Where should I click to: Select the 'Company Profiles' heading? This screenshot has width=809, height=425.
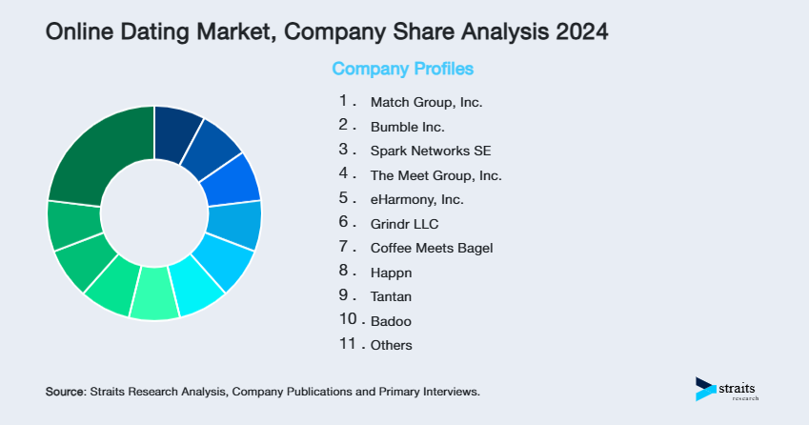[x=402, y=70]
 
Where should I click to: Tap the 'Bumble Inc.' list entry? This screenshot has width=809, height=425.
[x=408, y=126]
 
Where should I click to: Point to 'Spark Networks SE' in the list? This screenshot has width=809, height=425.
[x=431, y=151]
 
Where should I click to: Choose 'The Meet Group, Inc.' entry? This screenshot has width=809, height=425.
[x=435, y=175]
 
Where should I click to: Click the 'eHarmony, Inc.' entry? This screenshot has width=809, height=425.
[x=417, y=200]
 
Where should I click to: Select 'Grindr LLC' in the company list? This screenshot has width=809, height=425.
[x=405, y=224]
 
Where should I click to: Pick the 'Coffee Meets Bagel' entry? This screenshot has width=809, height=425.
[x=432, y=249]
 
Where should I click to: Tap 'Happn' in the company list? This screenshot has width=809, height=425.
[x=389, y=273]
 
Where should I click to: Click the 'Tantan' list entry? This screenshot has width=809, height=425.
[x=390, y=297]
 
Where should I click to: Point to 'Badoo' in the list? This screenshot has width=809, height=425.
[x=390, y=321]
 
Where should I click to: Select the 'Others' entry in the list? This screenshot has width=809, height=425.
[x=392, y=346]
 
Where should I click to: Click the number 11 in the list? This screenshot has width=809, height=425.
[x=347, y=345]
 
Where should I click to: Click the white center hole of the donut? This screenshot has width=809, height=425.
[x=153, y=212]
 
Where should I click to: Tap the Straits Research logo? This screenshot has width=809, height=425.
[x=728, y=389]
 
